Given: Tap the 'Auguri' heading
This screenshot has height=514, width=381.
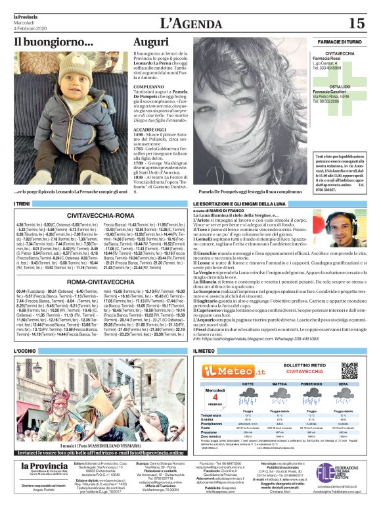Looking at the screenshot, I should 150,42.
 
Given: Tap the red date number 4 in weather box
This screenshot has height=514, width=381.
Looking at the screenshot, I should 215,397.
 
